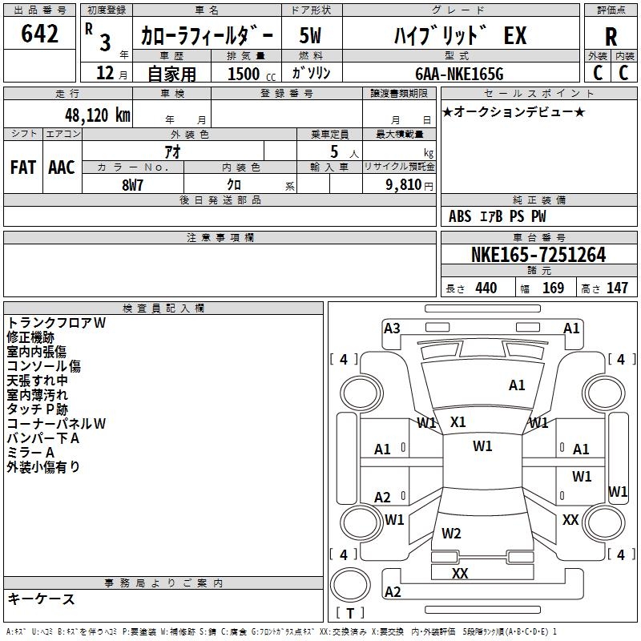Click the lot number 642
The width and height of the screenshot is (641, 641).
tap(39, 33)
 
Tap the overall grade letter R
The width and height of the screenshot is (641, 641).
tap(611, 37)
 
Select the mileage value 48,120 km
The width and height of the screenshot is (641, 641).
tap(97, 115)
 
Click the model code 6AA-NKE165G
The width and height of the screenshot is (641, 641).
tap(459, 74)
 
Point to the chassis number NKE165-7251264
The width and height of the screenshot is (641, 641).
tap(538, 255)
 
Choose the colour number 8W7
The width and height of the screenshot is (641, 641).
tap(132, 185)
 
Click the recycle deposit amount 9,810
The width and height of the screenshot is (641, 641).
tap(404, 185)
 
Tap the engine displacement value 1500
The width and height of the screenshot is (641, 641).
tap(244, 74)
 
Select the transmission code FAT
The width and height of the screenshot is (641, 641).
tap(23, 167)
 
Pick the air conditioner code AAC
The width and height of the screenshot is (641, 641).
tap(62, 167)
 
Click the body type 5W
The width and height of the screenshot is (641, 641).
tap(310, 35)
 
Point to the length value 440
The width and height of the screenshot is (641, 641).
tap(486, 288)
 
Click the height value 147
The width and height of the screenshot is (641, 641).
tap(617, 288)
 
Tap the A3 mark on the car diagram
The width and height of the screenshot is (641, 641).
tap(392, 329)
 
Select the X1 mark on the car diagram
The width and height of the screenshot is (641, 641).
tap(458, 422)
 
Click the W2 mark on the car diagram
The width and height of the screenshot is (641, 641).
tap(451, 533)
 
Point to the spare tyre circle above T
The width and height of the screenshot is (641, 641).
tap(350, 585)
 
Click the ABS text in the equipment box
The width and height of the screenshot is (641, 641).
tap(460, 216)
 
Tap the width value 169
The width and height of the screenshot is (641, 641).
tap(553, 288)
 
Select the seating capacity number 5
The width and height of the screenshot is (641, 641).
tap(334, 152)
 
